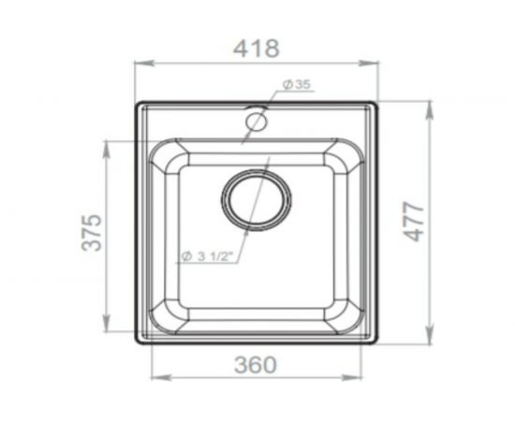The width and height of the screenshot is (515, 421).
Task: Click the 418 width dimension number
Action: tap(257, 49)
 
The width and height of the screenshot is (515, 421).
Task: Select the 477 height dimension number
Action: tap(414, 222)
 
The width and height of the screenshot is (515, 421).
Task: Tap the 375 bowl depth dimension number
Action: tap(92, 232)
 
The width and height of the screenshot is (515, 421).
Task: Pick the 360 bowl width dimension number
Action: tap(256, 365)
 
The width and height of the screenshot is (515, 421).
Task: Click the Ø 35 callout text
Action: tap(296, 84)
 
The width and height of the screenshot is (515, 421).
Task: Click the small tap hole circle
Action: tap(257, 121)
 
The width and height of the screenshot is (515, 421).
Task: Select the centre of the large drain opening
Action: tap(257, 200)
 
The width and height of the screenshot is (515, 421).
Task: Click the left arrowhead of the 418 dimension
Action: tap(144, 63)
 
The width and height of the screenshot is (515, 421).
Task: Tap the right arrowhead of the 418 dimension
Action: tap(368, 63)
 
